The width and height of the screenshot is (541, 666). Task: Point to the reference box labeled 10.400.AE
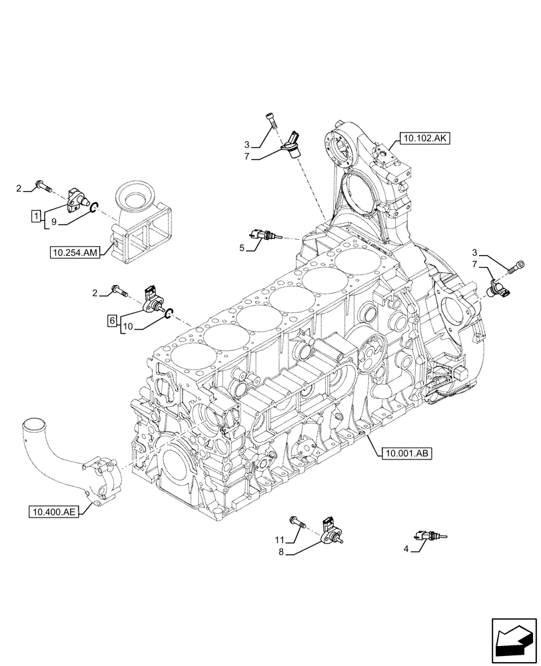[x=53, y=511]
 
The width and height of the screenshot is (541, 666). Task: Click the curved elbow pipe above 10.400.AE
[x=50, y=439]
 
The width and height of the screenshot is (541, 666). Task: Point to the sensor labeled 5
[x=264, y=234]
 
